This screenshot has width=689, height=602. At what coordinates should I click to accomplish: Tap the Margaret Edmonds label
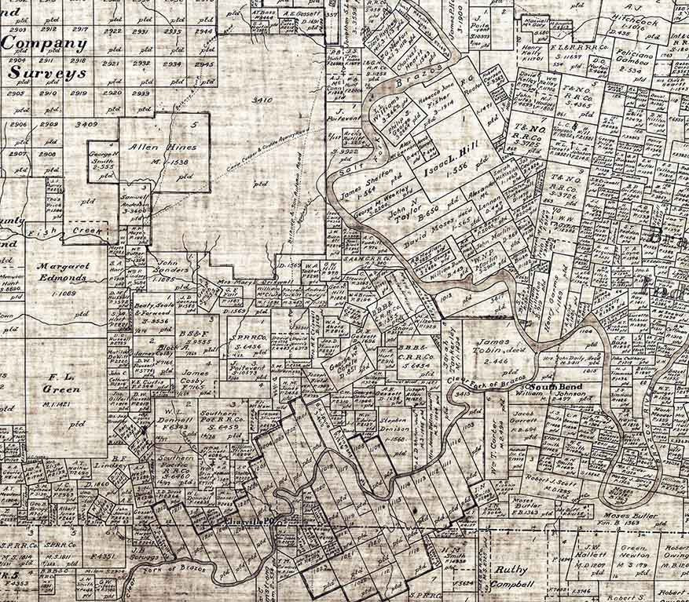(x=63, y=272)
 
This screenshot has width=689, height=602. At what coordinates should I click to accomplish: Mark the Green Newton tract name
(x=636, y=554)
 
